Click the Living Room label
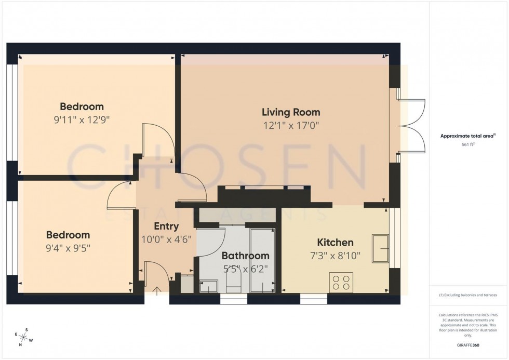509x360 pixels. (290, 112)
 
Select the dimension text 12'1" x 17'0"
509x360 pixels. (290, 125)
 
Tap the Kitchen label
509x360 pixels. (335, 242)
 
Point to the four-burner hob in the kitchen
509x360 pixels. (341, 282)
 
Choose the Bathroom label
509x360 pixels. (245, 256)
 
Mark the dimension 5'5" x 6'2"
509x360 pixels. (245, 269)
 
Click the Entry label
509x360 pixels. (166, 226)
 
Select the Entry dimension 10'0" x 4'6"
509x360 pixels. (166, 239)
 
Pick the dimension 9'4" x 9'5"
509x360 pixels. (68, 248)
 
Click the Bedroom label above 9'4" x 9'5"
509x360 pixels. (68, 235)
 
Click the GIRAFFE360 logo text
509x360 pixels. (468, 344)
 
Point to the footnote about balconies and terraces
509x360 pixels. (468, 295)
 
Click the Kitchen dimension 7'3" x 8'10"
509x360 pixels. (335, 256)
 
